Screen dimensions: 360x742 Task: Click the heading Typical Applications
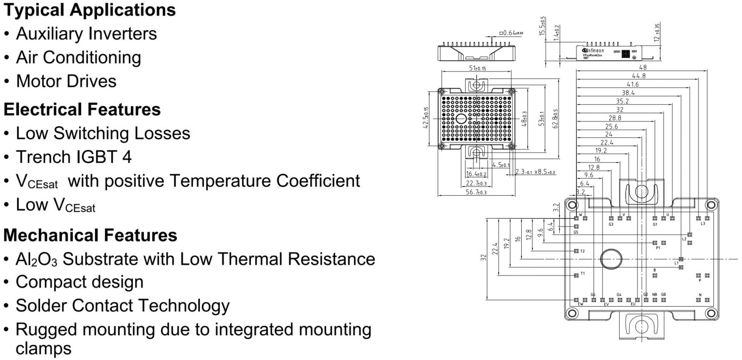point(90,10)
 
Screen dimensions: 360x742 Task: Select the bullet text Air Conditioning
point(78,58)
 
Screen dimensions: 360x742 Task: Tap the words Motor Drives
point(66,81)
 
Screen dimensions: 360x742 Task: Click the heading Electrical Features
point(82,109)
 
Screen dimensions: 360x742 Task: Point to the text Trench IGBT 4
point(74,157)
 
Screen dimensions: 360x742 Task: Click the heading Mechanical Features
point(90,235)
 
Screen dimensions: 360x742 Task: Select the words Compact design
point(79,282)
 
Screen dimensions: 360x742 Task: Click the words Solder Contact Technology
point(122,306)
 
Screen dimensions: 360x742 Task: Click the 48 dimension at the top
point(643,67)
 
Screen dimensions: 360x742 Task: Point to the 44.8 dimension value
point(639,76)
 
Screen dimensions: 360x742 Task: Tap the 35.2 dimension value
point(622,101)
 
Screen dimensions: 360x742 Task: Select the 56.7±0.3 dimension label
point(476,192)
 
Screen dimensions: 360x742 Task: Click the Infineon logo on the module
point(594,50)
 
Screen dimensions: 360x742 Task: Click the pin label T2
point(582,251)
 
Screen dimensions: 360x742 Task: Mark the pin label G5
point(576,232)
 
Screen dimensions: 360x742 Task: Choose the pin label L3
point(703,224)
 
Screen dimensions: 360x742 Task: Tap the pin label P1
point(658,248)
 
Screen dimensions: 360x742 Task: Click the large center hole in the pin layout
point(611,258)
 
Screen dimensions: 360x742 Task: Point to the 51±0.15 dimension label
point(477,68)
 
